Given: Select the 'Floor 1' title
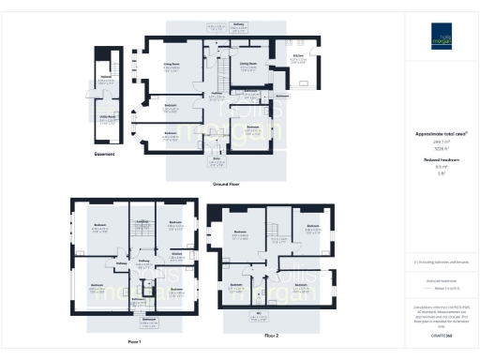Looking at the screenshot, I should tap(134, 341).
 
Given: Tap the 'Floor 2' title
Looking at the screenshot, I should tap(272, 334).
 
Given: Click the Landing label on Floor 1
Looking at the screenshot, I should tap(143, 222).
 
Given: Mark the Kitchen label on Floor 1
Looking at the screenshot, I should tap(175, 253).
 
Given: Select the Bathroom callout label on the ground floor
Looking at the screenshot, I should tap(282, 96).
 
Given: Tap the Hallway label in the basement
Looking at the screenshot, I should tap(106, 79).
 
